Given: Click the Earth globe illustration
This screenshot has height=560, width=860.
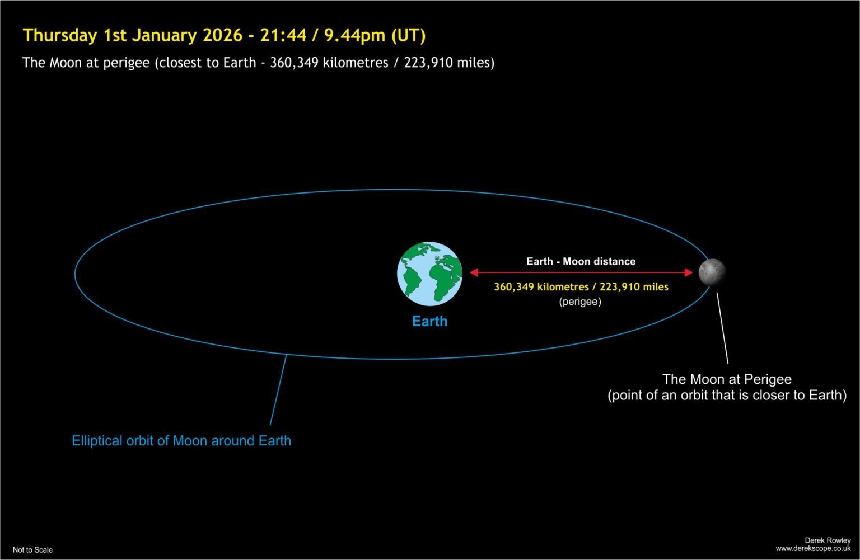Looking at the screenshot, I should [429, 274].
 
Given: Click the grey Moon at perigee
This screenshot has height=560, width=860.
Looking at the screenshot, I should [712, 272].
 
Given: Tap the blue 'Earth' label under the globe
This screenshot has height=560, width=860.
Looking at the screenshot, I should [429, 321].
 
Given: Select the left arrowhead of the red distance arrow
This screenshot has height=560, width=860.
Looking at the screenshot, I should [474, 272].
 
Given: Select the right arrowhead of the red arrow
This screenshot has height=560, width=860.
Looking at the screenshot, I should [688, 272].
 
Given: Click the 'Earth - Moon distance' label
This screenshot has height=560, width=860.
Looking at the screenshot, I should [581, 261].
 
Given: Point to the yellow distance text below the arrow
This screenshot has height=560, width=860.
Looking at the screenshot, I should [581, 287].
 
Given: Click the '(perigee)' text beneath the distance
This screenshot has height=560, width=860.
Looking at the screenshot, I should [580, 302].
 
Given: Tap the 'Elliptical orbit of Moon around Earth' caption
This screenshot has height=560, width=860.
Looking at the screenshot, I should [181, 441].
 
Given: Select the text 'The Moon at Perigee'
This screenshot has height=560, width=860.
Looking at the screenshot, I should [727, 379].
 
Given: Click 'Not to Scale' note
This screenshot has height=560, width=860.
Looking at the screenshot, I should [32, 550].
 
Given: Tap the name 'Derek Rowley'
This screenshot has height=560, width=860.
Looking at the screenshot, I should [828, 540].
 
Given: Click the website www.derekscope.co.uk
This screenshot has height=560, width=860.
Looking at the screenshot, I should [813, 549].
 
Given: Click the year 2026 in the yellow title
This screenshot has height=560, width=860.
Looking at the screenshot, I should [222, 35].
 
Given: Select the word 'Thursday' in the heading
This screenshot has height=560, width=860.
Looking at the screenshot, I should [60, 35].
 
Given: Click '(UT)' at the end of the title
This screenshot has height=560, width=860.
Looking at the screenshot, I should [408, 35].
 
